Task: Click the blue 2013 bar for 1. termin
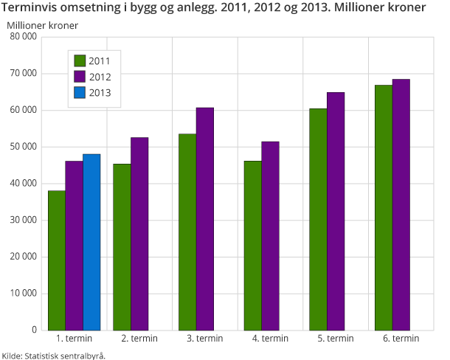(91, 242)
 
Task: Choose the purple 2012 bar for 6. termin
(401, 204)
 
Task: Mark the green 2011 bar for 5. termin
(318, 219)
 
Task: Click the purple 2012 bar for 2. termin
(139, 233)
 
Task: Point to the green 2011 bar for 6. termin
(383, 207)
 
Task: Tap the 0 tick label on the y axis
(35, 330)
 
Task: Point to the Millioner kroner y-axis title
(43, 24)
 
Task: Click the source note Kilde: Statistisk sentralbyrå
(53, 355)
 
